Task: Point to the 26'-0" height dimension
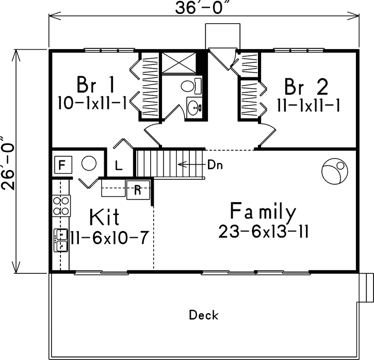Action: coord(9,164)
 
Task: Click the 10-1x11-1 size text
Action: coord(93,102)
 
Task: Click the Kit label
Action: coord(105,217)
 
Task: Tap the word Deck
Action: coord(204,315)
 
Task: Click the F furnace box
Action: coord(62,166)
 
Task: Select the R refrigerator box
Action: coord(137,189)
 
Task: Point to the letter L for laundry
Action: coord(118,166)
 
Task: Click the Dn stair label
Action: coord(215,165)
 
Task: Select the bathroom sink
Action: coord(194,107)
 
